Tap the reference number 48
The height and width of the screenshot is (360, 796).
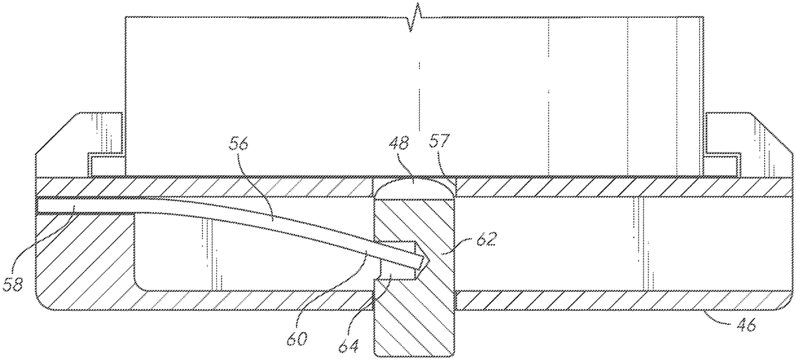pos(399,144)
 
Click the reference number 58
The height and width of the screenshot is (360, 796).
pos(13,284)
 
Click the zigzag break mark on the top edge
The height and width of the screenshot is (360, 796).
pos(415,17)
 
